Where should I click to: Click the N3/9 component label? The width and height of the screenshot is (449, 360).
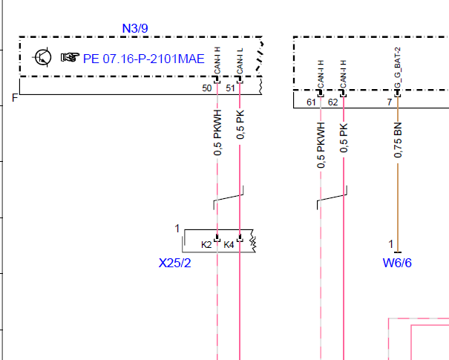point(135,28)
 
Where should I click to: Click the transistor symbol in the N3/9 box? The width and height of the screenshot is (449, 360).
point(42,57)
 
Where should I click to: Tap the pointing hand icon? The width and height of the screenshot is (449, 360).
point(70,57)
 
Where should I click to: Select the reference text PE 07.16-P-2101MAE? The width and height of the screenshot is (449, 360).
point(144,59)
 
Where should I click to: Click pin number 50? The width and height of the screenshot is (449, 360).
point(207,88)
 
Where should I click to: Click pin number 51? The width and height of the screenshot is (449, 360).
point(230,88)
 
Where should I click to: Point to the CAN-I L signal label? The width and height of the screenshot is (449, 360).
point(240,61)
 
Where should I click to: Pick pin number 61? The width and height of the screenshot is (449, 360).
point(311,102)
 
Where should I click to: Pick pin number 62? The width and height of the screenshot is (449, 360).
point(332,102)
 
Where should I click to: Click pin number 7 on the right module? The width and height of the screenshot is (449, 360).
point(390,102)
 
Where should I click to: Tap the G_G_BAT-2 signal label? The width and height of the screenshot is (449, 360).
point(398,68)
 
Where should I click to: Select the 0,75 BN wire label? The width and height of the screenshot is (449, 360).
point(398,140)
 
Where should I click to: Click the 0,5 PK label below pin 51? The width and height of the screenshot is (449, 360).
point(240,125)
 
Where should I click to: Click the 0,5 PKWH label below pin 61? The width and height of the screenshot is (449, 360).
point(321,145)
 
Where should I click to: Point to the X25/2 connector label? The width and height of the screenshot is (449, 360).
point(174,263)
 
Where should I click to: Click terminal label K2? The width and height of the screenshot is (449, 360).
point(206,245)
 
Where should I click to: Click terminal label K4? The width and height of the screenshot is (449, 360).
point(229,245)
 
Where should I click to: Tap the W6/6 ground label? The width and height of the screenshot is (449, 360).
point(397,263)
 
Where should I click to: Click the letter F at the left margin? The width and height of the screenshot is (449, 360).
point(15,98)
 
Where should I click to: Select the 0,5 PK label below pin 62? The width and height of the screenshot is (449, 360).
point(344,138)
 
